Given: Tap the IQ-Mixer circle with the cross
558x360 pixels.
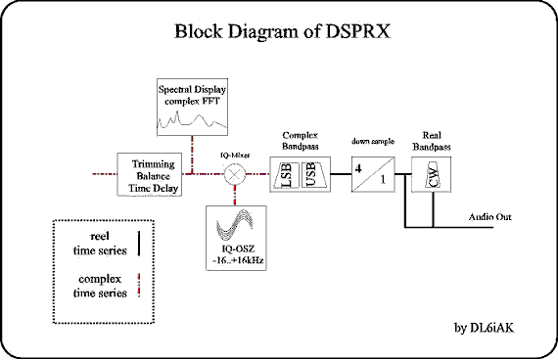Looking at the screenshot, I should [234, 174].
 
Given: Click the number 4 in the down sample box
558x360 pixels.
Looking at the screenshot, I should [359, 167].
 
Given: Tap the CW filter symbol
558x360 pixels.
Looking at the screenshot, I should [433, 177].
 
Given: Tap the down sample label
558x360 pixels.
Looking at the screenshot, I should [372, 142].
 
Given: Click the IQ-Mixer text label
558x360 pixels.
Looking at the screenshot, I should [234, 155].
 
